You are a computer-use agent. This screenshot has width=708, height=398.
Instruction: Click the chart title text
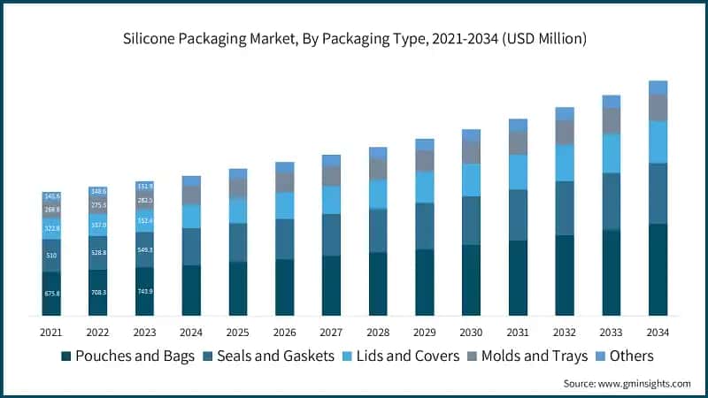(354, 39)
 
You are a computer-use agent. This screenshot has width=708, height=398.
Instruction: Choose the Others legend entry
(624, 356)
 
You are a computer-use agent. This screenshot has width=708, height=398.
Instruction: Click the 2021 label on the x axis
(51, 333)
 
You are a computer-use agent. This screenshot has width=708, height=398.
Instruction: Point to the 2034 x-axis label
(658, 333)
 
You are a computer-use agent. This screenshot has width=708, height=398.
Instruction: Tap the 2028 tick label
(378, 333)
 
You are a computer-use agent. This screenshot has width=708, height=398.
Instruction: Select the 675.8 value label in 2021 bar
(51, 294)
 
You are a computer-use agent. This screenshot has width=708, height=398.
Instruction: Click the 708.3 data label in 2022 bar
(98, 292)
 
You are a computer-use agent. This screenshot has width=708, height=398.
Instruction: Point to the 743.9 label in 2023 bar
(144, 291)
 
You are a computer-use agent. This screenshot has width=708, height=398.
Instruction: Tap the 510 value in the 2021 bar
(51, 256)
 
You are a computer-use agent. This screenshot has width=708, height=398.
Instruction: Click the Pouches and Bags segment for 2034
(658, 270)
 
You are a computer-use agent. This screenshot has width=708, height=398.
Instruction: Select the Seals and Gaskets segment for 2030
(471, 220)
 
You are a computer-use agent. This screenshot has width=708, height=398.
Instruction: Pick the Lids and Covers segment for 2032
(565, 163)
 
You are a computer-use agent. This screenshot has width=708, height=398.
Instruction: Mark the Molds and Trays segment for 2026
(284, 181)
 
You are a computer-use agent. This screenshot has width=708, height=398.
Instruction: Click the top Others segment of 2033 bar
(612, 102)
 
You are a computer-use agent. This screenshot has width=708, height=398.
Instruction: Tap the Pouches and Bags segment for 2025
(238, 288)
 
